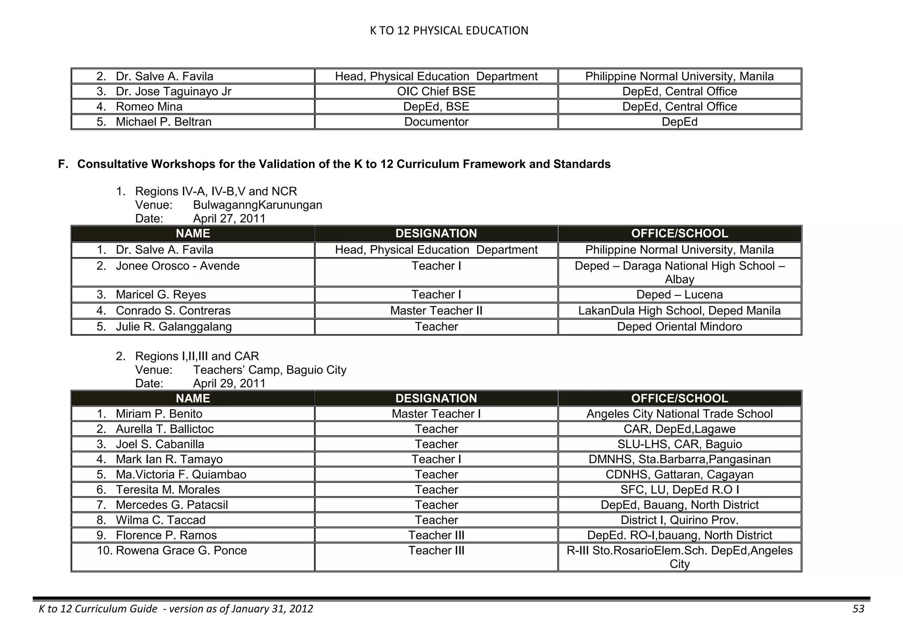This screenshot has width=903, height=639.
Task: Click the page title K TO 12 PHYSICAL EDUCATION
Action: coord(448,30)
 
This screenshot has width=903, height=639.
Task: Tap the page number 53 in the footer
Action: coord(858,609)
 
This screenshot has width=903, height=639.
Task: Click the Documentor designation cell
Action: coord(436,122)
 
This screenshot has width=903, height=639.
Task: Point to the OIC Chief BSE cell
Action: coord(436,91)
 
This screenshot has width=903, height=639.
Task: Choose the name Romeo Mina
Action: coord(149,107)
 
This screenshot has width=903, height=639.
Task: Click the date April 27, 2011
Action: coord(229,219)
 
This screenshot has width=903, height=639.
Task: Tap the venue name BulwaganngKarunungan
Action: coord(257,205)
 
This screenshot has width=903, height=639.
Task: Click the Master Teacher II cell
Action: coord(436,310)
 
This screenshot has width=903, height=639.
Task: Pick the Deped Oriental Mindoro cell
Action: coord(679,326)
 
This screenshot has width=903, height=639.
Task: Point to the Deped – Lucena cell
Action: coord(679,295)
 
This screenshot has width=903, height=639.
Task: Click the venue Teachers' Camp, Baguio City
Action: coord(269,370)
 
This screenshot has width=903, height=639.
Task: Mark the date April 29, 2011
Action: coord(229,383)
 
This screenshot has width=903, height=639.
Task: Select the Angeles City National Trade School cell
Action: coord(679,414)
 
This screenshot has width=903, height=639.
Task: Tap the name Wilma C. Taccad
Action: coord(160,520)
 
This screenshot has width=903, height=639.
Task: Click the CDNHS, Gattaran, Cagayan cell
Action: coord(679,475)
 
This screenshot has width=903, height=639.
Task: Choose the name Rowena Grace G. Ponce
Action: coord(181,550)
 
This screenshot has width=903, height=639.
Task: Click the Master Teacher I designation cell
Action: coord(436,414)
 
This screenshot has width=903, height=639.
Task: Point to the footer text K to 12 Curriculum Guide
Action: coord(98,609)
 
